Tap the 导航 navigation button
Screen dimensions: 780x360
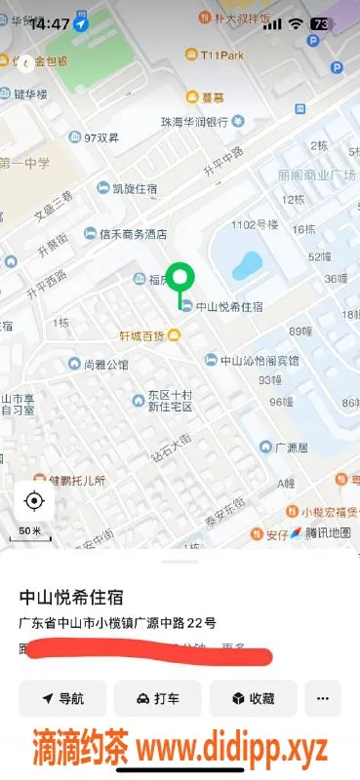pyautogui.click(x=62, y=698)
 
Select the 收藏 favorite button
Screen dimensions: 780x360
pyautogui.click(x=253, y=698)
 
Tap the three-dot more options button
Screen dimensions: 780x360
pyautogui.click(x=323, y=698)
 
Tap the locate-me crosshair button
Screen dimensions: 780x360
pyautogui.click(x=34, y=502)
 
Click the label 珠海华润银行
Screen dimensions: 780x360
pyautogui.click(x=194, y=122)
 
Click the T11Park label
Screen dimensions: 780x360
pyautogui.click(x=221, y=56)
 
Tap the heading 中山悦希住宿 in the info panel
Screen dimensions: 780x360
pyautogui.click(x=79, y=597)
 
